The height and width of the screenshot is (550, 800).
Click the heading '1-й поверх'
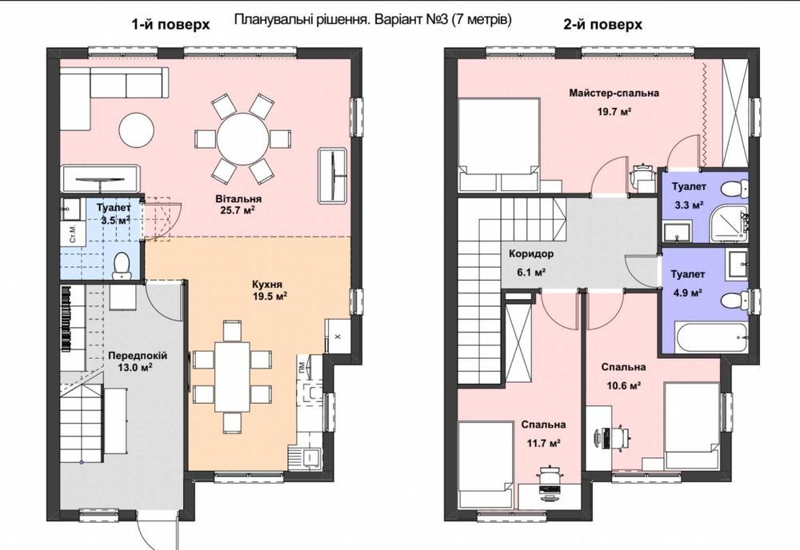pyautogui.click(x=171, y=25)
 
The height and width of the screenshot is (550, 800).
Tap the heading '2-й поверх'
pyautogui.click(x=602, y=25)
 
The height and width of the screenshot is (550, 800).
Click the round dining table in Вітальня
pyautogui.click(x=242, y=138)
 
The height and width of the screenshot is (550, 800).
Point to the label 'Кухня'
pyautogui.click(x=267, y=285)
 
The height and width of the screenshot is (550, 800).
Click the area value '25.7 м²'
pyautogui.click(x=235, y=210)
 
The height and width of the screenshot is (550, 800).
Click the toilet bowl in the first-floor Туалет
pyautogui.click(x=122, y=265)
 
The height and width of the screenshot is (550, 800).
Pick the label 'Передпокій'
pyautogui.click(x=138, y=355)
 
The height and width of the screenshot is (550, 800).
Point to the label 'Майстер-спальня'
pyautogui.click(x=614, y=93)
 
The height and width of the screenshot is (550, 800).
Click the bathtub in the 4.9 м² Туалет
pyautogui.click(x=712, y=337)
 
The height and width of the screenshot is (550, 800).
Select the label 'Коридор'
pyautogui.click(x=530, y=254)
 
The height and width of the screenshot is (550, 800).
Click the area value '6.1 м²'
pyautogui.click(x=531, y=272)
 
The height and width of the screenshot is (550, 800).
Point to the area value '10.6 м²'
pyautogui.click(x=623, y=386)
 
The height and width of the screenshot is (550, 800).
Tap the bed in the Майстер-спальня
pyautogui.click(x=499, y=145)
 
